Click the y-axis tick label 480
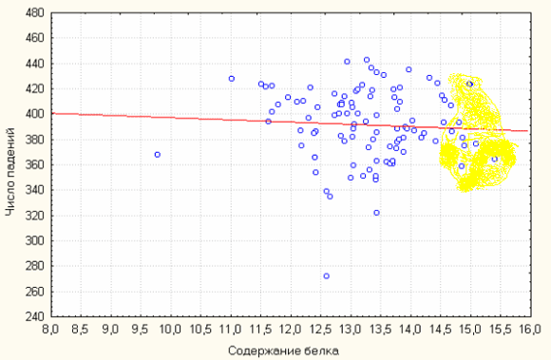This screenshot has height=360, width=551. pyautogui.click(x=35, y=13)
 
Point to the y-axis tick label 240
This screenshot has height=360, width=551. pyautogui.click(x=35, y=317)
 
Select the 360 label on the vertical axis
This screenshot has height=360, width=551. pyautogui.click(x=35, y=165)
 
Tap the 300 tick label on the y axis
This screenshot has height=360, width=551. pyautogui.click(x=35, y=241)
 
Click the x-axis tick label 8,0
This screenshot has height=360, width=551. pyautogui.click(x=51, y=330)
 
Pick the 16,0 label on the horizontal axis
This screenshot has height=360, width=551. pyautogui.click(x=531, y=330)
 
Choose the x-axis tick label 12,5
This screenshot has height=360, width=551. pyautogui.click(x=321, y=330)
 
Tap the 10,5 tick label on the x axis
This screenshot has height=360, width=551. pyautogui.click(x=201, y=330)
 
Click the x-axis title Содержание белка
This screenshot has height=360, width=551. pyautogui.click(x=284, y=351)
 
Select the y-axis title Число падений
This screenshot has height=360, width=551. pyautogui.click(x=10, y=172)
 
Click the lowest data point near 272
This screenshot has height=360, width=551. pyautogui.click(x=327, y=276)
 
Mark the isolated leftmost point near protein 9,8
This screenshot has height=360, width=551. pyautogui.click(x=158, y=155)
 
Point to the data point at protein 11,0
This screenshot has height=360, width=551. pyautogui.click(x=231, y=79)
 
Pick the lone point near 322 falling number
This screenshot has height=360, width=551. pyautogui.click(x=376, y=213)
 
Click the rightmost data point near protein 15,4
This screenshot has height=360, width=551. pyautogui.click(x=494, y=159)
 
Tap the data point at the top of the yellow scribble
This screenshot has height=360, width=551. pyautogui.click(x=469, y=84)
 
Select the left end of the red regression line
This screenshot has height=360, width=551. pyautogui.click(x=52, y=113)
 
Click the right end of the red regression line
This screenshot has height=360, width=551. pyautogui.click(x=527, y=131)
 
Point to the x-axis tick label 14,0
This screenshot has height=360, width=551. pyautogui.click(x=410, y=330)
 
